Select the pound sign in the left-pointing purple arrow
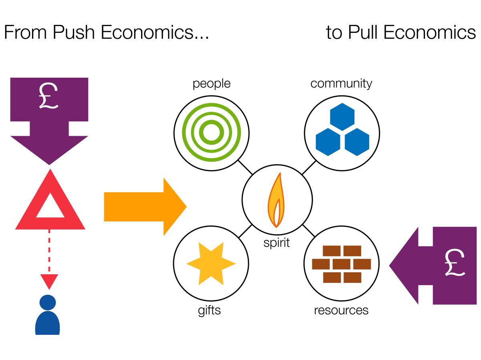[x=455, y=265]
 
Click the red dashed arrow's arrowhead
[x=49, y=281]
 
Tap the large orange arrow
[x=145, y=207]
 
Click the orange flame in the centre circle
[x=276, y=200]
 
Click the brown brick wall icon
[x=342, y=264]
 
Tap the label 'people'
[x=211, y=84]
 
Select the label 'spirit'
[x=276, y=243]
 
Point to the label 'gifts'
[x=209, y=310]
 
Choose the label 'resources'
[x=341, y=310]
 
